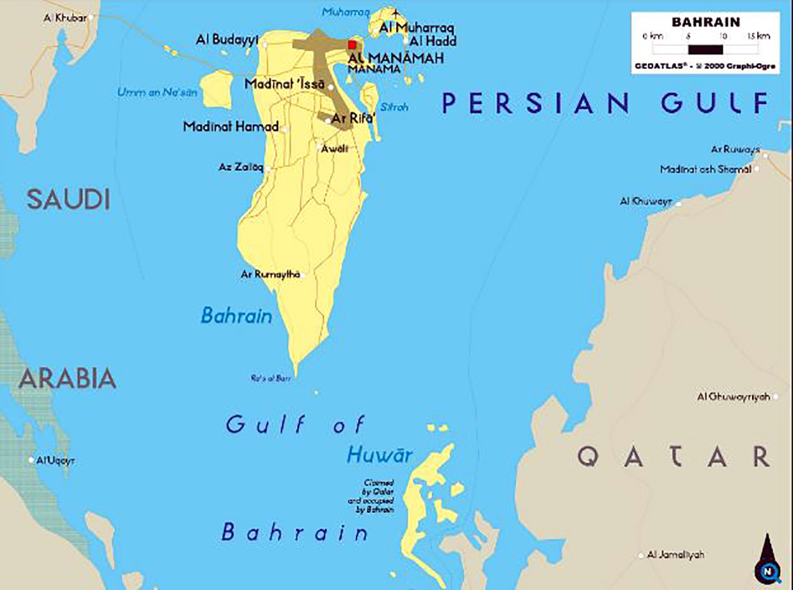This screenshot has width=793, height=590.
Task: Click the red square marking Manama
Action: (352, 44)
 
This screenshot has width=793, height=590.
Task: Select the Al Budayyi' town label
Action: (227, 40)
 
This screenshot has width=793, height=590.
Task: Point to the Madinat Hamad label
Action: (230, 127)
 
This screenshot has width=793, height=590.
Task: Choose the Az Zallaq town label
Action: (240, 168)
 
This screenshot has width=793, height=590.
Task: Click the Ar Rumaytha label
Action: (270, 275)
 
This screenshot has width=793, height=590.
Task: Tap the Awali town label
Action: (336, 148)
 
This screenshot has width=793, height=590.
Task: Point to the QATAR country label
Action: (674, 457)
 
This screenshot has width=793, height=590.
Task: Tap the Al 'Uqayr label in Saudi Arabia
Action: (55, 461)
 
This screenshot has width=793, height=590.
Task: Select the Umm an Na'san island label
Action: (157, 93)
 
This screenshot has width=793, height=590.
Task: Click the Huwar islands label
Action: (379, 455)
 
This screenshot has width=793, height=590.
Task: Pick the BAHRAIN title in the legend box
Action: (705, 22)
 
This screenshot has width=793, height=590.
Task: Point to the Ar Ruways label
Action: (735, 150)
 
